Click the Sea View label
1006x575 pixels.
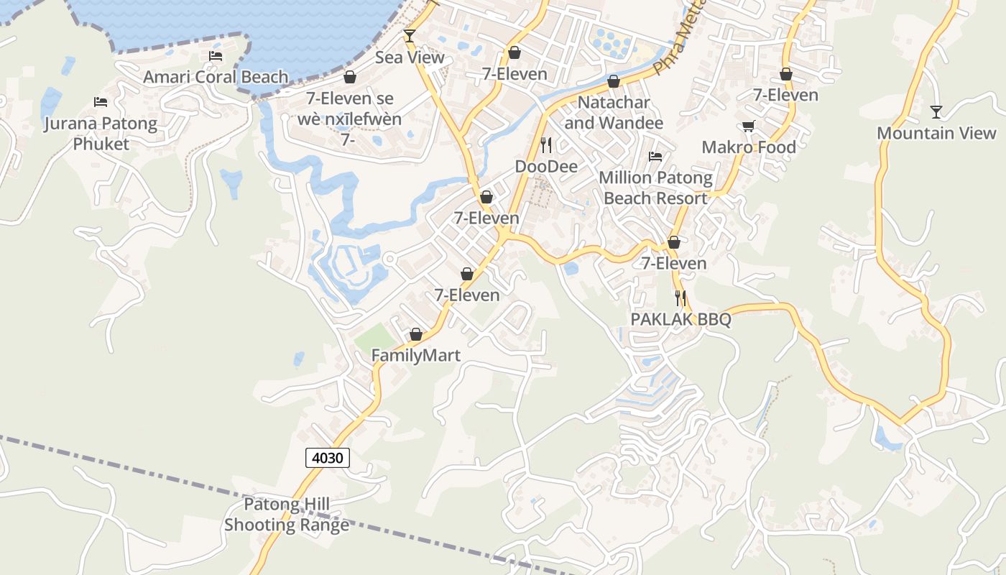point(410,57)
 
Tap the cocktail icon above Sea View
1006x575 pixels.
point(410,35)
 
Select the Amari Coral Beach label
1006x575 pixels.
point(216,77)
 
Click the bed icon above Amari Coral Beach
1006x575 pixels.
point(215,55)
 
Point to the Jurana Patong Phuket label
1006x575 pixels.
point(101,133)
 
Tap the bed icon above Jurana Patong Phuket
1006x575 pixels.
point(101,102)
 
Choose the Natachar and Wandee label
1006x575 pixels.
point(614,112)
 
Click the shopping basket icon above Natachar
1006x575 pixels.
point(614,81)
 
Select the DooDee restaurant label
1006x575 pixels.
point(546,167)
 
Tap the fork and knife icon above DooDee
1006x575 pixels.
point(546,145)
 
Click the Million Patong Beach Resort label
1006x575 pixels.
point(655,188)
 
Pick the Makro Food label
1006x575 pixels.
point(749,147)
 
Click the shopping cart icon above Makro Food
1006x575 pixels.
point(749,126)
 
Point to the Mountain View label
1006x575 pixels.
point(936,133)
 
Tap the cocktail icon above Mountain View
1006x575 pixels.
point(936,111)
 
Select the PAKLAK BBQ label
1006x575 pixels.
point(680,319)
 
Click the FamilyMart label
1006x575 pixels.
point(415,355)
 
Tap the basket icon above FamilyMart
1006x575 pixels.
point(415,334)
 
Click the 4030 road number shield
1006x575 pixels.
point(328,457)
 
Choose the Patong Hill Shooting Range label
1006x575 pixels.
point(286,515)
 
